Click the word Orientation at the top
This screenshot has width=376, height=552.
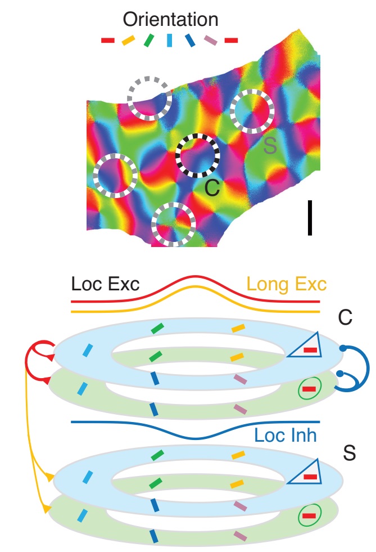coord(170,19)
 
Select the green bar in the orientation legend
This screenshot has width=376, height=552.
coord(149,40)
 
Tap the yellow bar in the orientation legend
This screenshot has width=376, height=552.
coord(128,40)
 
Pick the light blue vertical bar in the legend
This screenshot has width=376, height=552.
coord(170,40)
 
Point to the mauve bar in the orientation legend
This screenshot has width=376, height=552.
coord(211,40)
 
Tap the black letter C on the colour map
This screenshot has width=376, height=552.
coord(212,187)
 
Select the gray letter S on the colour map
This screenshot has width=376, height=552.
coord(270,145)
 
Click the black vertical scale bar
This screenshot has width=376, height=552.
coord(310,218)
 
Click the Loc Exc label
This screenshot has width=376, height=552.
coord(105,284)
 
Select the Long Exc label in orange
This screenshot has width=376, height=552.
coord(287,284)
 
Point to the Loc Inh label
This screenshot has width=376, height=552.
coord(286,435)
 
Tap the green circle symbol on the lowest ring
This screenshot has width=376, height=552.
coord(310,516)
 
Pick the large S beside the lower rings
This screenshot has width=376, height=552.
coord(349,453)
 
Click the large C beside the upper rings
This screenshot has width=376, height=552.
coord(345,317)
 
